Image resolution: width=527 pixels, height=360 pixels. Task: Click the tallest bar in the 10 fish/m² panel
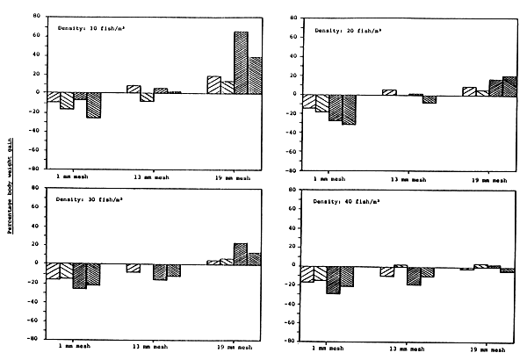240,61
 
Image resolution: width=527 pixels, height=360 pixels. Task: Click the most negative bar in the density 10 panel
93,104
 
